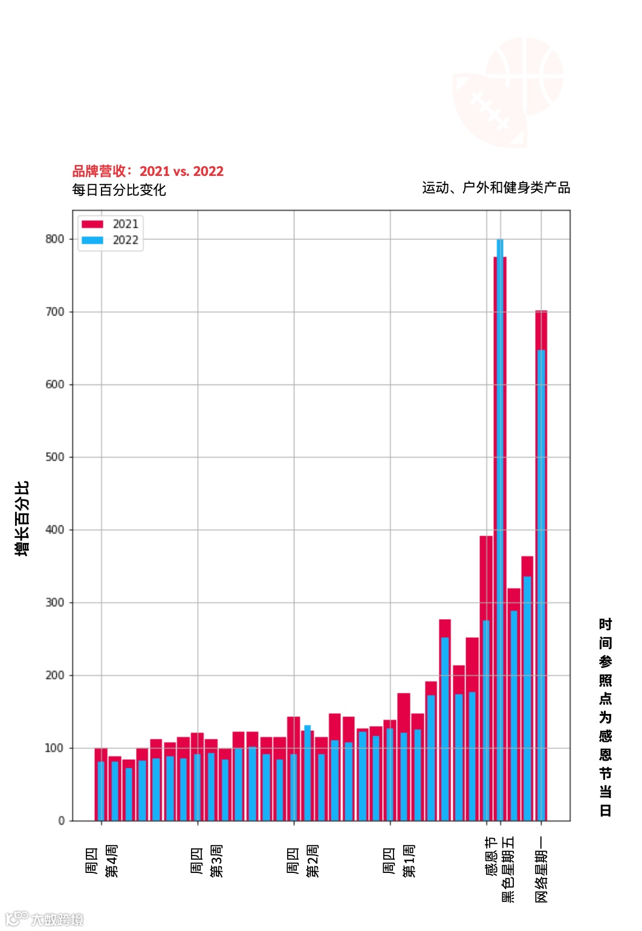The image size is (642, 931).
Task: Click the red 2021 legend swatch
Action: [x=92, y=224]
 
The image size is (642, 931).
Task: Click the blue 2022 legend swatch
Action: [x=92, y=240]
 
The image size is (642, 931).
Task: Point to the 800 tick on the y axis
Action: [x=55, y=239]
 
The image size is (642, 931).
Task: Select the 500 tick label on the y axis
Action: [x=55, y=457]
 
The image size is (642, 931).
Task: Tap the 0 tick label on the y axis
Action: [x=61, y=821]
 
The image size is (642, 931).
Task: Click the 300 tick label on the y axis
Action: [x=55, y=603]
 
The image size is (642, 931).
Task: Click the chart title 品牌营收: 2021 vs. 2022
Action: [x=148, y=172]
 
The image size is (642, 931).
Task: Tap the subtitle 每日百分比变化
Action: [x=119, y=190]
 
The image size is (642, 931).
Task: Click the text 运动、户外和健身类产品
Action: [x=496, y=188]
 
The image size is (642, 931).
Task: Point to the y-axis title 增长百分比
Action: [x=22, y=519]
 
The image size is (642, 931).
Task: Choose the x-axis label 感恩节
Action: [x=491, y=856]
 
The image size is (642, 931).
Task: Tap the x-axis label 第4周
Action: [x=112, y=861]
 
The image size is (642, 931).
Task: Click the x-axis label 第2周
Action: [x=313, y=861]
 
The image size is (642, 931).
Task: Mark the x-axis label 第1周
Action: [x=409, y=861]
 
